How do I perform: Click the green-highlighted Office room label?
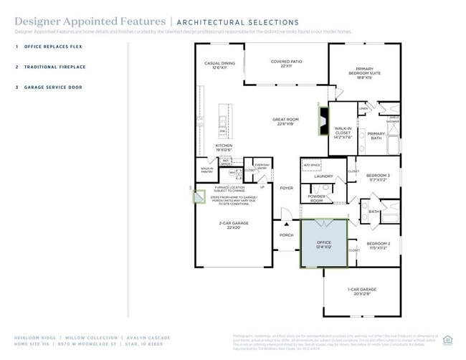pyautogui.click(x=324, y=245)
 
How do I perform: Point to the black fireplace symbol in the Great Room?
pyautogui.click(x=323, y=117)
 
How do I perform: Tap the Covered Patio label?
pyautogui.click(x=286, y=64)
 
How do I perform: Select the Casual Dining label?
pyautogui.click(x=219, y=65)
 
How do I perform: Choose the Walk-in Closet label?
pyautogui.click(x=343, y=133)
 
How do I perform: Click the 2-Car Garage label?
pyautogui.click(x=234, y=225)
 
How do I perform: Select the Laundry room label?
pyautogui.click(x=323, y=176)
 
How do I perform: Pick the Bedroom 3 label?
pyautogui.click(x=378, y=177)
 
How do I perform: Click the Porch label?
pyautogui.click(x=286, y=235)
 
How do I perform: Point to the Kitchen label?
pyautogui.click(x=224, y=147)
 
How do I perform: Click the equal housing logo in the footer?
pyautogui.click(x=448, y=339)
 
